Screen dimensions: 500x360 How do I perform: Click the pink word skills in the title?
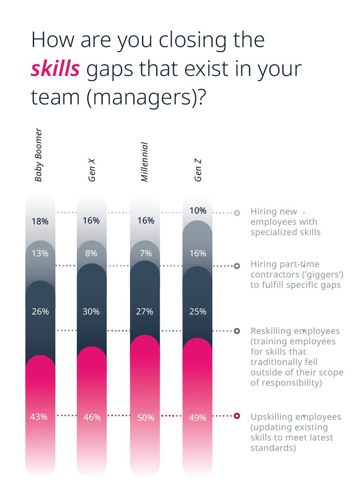(55, 69)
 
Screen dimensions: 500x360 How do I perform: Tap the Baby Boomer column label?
(38, 154)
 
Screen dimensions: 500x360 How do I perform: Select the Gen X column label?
(92, 170)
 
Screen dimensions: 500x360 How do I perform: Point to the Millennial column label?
(145, 162)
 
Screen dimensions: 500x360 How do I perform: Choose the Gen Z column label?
(198, 170)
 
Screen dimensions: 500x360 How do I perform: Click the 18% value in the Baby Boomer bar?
(40, 221)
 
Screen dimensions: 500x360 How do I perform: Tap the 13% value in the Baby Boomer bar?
(40, 253)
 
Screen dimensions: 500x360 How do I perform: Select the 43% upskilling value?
(39, 417)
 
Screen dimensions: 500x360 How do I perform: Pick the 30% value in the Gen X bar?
(91, 311)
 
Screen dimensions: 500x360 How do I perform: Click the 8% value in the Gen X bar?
(91, 253)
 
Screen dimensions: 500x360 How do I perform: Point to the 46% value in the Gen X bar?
(92, 417)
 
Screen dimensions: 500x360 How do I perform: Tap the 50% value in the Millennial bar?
(145, 418)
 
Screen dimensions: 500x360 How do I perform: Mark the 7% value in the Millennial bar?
(145, 253)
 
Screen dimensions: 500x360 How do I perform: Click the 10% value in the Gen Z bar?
(198, 211)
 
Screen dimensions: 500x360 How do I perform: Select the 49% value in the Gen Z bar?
(198, 418)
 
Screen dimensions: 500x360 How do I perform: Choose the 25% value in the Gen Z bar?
(198, 311)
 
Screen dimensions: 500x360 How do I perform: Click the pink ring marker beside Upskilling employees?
(237, 416)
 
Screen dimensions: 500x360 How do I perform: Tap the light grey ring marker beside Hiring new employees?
(237, 213)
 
